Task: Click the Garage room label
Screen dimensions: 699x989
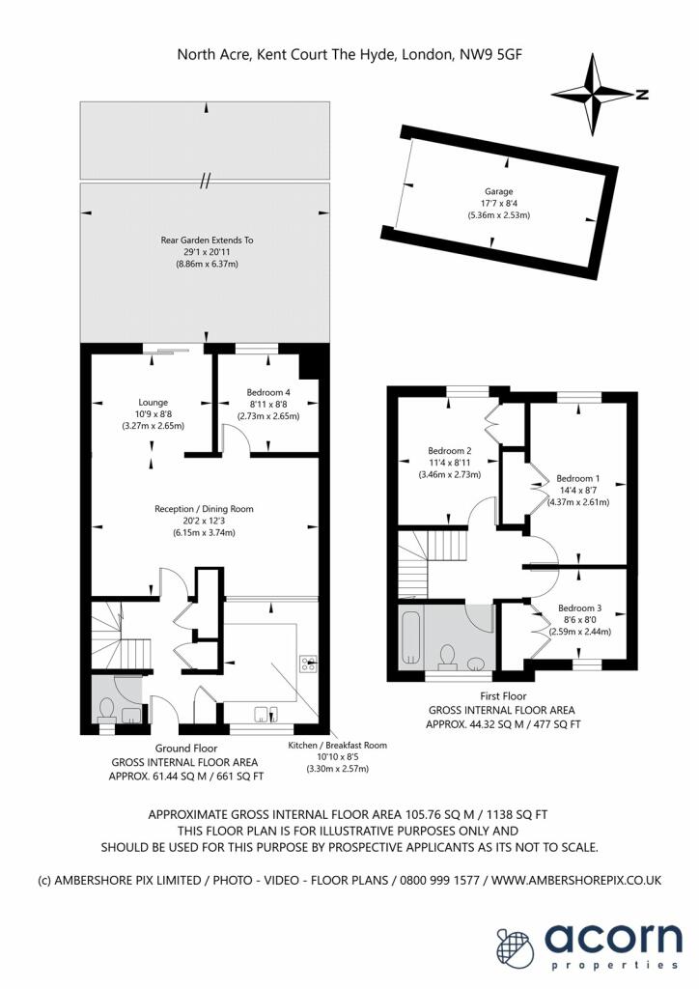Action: (498, 191)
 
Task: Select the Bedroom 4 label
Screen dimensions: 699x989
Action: (268, 392)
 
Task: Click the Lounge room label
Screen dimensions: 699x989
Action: (154, 403)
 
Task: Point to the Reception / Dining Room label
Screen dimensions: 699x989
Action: (205, 509)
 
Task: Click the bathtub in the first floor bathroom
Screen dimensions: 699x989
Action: (410, 637)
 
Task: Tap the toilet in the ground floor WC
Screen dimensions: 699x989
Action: (106, 709)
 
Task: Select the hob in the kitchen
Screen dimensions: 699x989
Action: (308, 663)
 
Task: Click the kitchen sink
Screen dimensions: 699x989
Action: (266, 714)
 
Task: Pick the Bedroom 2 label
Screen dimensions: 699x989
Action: (449, 451)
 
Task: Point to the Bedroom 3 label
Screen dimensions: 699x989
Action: (580, 608)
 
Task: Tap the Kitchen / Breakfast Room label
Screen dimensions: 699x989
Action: (337, 745)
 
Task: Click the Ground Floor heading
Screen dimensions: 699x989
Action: (186, 749)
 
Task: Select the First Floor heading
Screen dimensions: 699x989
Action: (503, 696)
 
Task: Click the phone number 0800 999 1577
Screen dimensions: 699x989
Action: (440, 880)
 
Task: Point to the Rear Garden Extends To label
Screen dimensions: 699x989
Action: (207, 240)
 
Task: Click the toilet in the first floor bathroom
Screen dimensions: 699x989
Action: (448, 654)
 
